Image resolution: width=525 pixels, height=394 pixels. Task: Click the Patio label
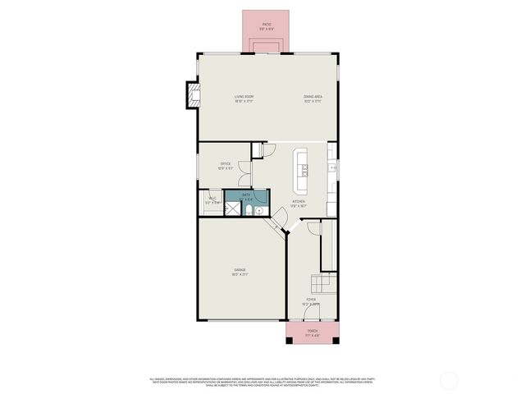(x=267, y=26)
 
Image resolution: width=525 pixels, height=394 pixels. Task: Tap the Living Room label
(x=244, y=98)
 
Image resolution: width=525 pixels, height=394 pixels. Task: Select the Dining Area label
(x=313, y=98)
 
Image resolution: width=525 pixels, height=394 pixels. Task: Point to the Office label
(x=225, y=165)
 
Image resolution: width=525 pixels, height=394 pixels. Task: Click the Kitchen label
(x=299, y=203)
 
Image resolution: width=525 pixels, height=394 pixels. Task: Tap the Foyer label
(x=311, y=301)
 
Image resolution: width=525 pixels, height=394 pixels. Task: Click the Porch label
(x=312, y=332)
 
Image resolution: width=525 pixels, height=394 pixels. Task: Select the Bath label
(x=245, y=196)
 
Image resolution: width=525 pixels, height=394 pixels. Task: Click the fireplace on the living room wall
(x=194, y=95)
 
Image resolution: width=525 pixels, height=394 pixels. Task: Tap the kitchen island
(x=303, y=164)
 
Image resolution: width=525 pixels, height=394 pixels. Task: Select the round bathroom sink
(x=259, y=210)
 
